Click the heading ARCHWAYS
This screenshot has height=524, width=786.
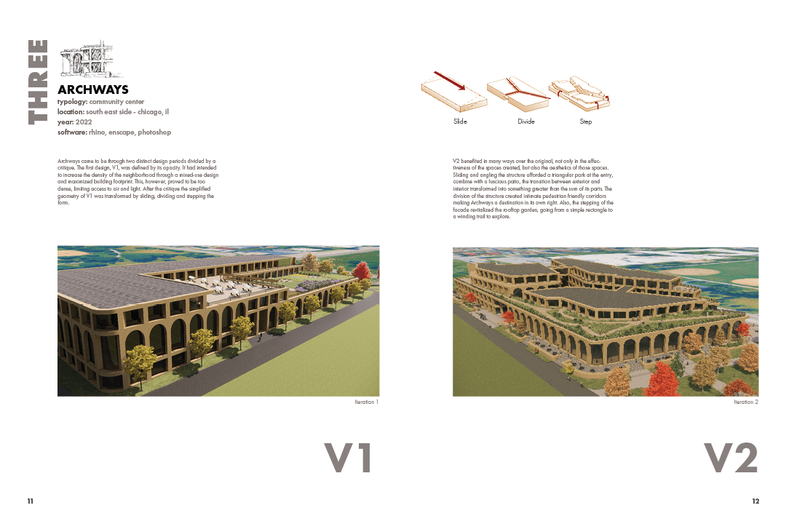(93, 90)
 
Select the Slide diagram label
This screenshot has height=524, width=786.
(460, 122)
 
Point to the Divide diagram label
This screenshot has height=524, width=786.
(526, 122)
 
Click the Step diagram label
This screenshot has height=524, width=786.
(586, 122)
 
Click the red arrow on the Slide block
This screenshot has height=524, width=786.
(449, 81)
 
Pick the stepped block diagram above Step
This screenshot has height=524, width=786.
(579, 92)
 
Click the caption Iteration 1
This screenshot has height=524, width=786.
(366, 402)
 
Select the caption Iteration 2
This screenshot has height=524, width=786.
(746, 402)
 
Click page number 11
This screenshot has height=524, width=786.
(30, 501)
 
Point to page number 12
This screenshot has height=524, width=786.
(755, 501)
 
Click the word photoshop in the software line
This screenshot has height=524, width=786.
(154, 132)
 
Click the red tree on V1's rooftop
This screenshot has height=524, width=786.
(361, 272)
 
